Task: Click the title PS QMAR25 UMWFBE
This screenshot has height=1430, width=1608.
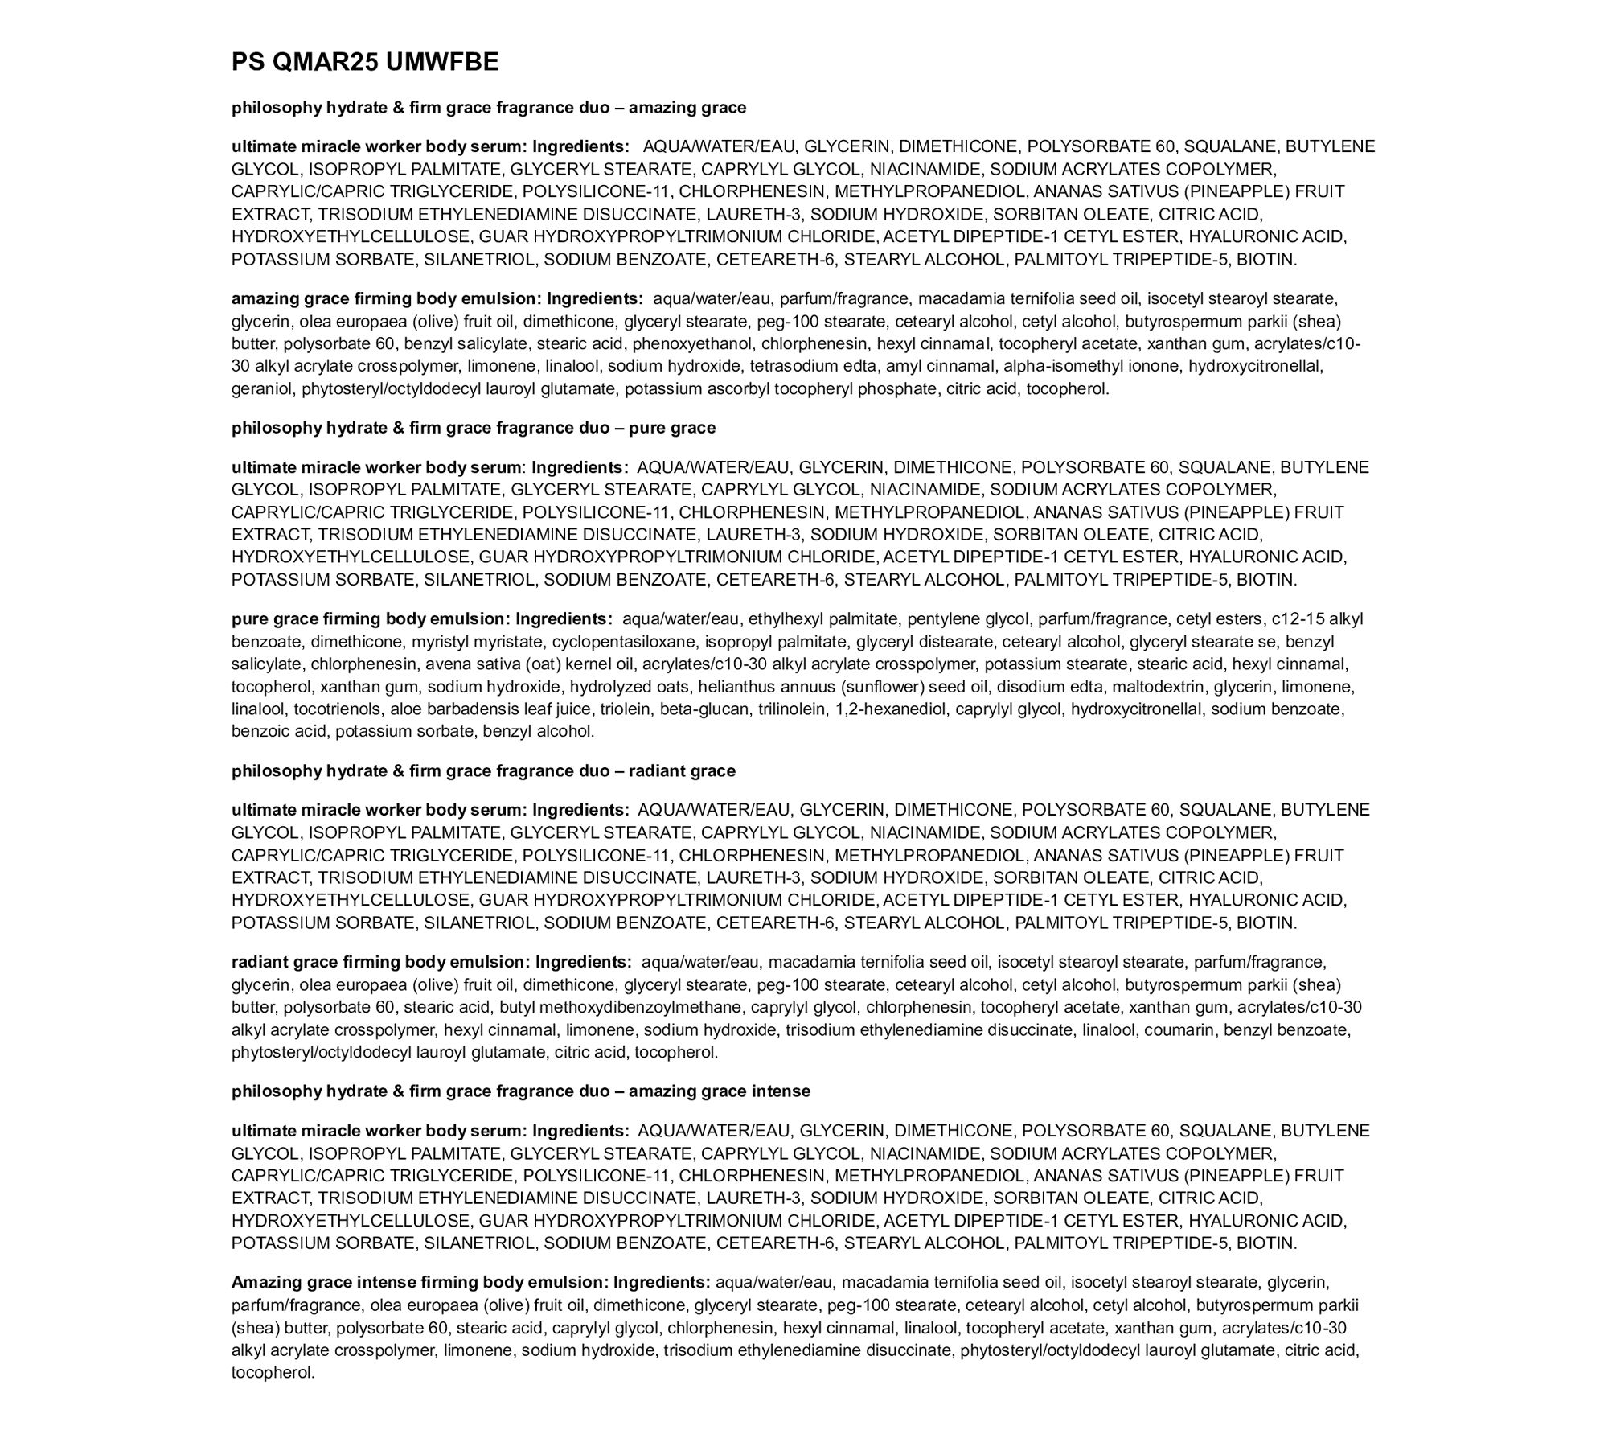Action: (x=365, y=62)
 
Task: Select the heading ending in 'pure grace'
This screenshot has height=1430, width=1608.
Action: (x=473, y=428)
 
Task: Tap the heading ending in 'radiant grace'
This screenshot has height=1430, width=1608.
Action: (x=483, y=770)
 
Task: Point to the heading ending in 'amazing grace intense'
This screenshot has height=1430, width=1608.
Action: (x=520, y=1091)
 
